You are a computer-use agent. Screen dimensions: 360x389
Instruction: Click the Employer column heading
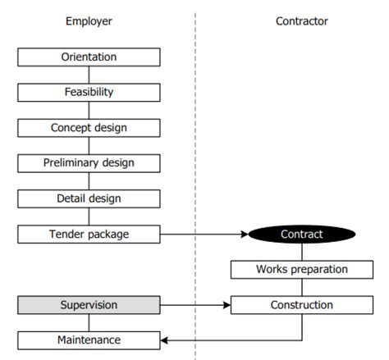coord(89,21)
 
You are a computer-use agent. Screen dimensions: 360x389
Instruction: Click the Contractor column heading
coord(301,21)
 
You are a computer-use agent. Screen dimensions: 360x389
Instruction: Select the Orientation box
coord(89,57)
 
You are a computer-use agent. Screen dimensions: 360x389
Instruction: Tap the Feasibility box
coord(89,93)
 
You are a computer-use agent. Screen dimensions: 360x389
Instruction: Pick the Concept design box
coord(89,128)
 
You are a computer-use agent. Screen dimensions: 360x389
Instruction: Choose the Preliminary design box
coord(89,163)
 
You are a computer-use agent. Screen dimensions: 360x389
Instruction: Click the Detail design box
coord(89,198)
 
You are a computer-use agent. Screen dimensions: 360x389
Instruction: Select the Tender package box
coord(89,234)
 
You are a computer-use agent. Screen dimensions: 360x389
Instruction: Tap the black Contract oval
coord(301,234)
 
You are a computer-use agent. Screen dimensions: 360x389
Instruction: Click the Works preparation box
coord(301,269)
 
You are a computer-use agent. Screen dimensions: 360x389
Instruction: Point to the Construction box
coord(301,305)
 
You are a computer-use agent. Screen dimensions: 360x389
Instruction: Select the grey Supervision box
coord(89,305)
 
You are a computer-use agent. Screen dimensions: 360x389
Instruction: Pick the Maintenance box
coord(89,339)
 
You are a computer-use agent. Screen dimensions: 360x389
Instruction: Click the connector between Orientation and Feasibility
coord(89,75)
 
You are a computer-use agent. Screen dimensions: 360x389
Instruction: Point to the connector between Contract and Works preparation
coord(301,252)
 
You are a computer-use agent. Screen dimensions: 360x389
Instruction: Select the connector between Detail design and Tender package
coord(89,216)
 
